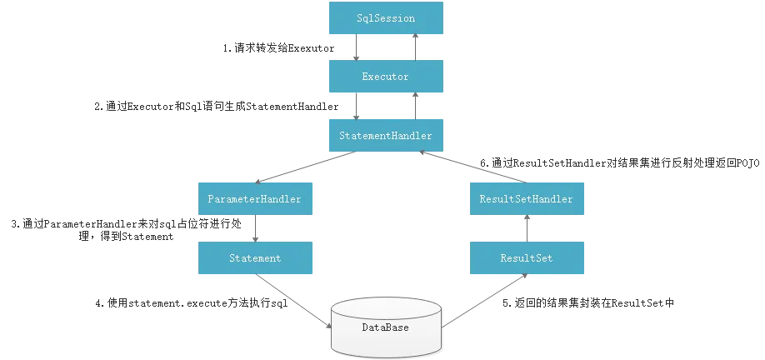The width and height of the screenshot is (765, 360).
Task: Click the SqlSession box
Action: pyautogui.click(x=385, y=18)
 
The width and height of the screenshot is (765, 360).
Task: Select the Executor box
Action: pyautogui.click(x=385, y=77)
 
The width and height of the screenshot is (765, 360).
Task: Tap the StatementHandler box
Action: pyautogui.click(x=385, y=135)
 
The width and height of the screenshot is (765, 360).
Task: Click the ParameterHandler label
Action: pyautogui.click(x=254, y=199)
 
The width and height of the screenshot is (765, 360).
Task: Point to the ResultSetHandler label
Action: pyautogui.click(x=526, y=199)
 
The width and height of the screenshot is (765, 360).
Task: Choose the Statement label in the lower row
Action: pyautogui.click(x=255, y=258)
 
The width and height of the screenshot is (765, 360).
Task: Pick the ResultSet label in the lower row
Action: pyautogui.click(x=526, y=258)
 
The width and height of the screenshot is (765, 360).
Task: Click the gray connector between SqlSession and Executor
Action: pyautogui.click(x=385, y=47)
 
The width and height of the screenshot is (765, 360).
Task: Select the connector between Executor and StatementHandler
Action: pyautogui.click(x=385, y=106)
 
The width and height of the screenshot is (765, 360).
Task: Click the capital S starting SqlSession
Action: pyautogui.click(x=358, y=18)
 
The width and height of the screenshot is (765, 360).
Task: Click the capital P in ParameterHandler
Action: pyautogui.click(x=211, y=199)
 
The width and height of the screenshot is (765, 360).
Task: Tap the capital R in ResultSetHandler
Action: pyautogui.click(x=483, y=199)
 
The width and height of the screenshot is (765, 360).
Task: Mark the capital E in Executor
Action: pyautogui.click(x=365, y=77)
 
